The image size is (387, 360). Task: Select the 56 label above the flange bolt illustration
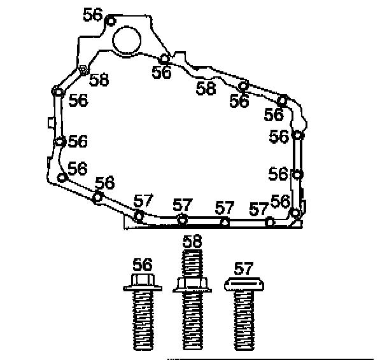143,265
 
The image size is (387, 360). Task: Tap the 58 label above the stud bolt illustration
192,241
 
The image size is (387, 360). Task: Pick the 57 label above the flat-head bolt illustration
243,268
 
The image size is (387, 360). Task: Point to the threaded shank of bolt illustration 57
244,320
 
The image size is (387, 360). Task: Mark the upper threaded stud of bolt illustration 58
192,263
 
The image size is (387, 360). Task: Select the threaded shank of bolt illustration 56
143,320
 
